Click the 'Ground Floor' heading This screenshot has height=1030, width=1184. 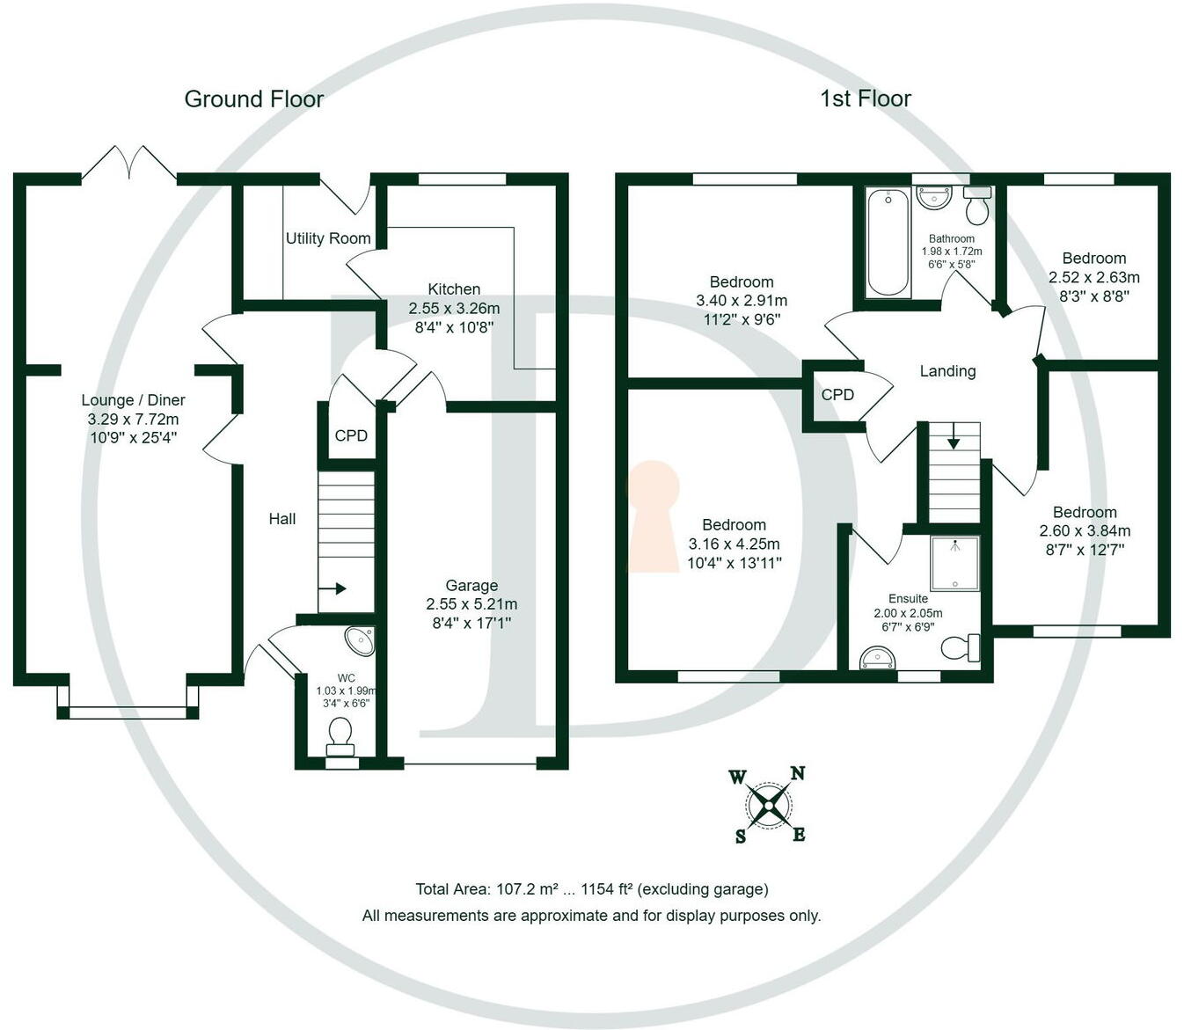coord(253,99)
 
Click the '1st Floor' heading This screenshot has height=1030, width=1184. coord(866,99)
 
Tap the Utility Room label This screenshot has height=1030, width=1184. coord(328,238)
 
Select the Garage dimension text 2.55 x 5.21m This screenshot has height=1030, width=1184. coord(471,604)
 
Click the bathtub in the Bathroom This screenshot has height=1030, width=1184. coord(888,243)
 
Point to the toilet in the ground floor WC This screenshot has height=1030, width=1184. coord(340,736)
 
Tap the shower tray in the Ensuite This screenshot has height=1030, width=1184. coord(954,564)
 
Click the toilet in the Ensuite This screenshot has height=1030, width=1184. coord(961,647)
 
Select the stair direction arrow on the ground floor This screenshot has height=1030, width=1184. coord(333,589)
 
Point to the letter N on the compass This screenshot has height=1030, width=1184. coord(798,773)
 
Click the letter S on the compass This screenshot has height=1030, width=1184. coord(740,836)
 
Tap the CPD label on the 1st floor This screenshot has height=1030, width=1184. coord(837,395)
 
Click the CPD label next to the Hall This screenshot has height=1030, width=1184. coord(351,435)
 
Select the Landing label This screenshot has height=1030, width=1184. coord(948,371)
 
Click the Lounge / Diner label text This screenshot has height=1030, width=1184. coord(133,400)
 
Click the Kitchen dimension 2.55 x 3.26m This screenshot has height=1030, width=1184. coord(454,309)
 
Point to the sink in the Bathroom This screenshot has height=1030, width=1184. coord(933,197)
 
